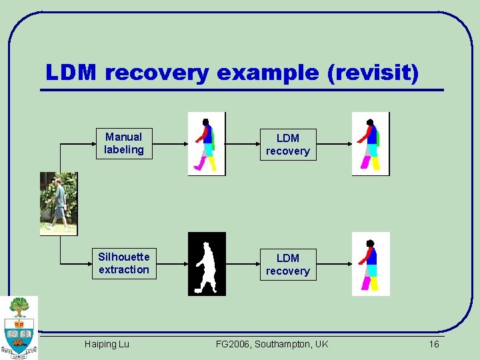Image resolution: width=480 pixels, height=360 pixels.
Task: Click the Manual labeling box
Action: click(123, 143)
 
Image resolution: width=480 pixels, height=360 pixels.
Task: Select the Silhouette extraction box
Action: click(124, 263)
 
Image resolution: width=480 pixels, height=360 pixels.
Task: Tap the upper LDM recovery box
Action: click(287, 145)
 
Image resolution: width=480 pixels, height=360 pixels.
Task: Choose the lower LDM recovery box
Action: click(287, 265)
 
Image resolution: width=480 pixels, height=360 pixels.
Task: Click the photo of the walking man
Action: click(59, 203)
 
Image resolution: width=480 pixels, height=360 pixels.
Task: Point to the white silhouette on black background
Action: click(207, 263)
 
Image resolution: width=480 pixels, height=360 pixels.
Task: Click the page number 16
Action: click(433, 344)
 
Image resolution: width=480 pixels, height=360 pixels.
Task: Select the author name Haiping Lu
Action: click(107, 344)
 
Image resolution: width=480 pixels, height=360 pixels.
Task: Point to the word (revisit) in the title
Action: click(373, 73)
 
